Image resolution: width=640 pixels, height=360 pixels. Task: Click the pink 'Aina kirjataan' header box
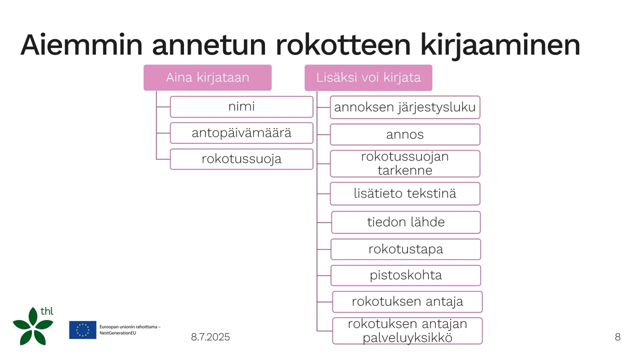click(x=207, y=77)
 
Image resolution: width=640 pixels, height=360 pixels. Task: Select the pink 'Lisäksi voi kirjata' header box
click(x=368, y=77)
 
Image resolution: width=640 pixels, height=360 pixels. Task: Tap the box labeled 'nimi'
click(x=241, y=106)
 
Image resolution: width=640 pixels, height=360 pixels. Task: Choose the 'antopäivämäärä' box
click(x=241, y=133)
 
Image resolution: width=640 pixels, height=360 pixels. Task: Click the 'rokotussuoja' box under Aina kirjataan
click(x=241, y=159)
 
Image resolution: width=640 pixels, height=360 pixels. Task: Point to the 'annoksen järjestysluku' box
click(x=405, y=107)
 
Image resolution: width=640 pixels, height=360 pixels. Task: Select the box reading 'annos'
click(x=405, y=134)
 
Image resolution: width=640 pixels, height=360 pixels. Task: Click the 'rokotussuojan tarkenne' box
click(x=405, y=163)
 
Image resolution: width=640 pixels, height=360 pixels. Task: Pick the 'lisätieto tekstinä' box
click(x=405, y=193)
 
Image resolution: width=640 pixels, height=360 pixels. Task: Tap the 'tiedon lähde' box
click(x=405, y=222)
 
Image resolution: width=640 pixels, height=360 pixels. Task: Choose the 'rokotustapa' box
click(x=405, y=249)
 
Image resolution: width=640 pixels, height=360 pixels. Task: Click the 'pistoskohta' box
click(x=405, y=275)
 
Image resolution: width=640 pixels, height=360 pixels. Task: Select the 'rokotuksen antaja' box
click(x=407, y=301)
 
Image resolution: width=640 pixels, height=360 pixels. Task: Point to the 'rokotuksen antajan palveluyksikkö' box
click(x=407, y=330)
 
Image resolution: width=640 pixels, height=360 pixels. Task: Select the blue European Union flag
click(x=82, y=330)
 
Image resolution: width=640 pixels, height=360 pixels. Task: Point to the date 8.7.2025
click(x=210, y=337)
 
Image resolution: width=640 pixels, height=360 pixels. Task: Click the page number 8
click(x=617, y=337)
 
